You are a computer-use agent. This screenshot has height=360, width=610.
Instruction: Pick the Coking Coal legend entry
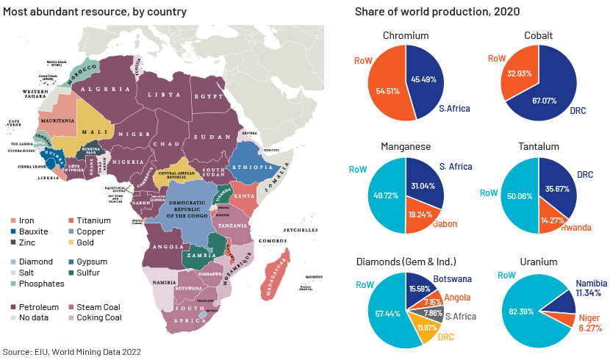point(96,317)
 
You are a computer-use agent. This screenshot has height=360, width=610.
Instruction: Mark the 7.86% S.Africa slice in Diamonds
point(431,312)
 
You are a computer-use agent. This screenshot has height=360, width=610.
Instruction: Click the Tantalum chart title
point(538,146)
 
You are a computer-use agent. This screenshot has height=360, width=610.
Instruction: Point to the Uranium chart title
point(538,261)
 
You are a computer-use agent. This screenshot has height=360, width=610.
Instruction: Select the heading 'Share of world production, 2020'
point(437,12)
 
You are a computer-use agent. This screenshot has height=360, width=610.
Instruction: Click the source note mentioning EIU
point(72,352)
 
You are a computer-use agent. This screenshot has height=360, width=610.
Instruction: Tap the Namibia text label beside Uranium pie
point(585,283)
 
